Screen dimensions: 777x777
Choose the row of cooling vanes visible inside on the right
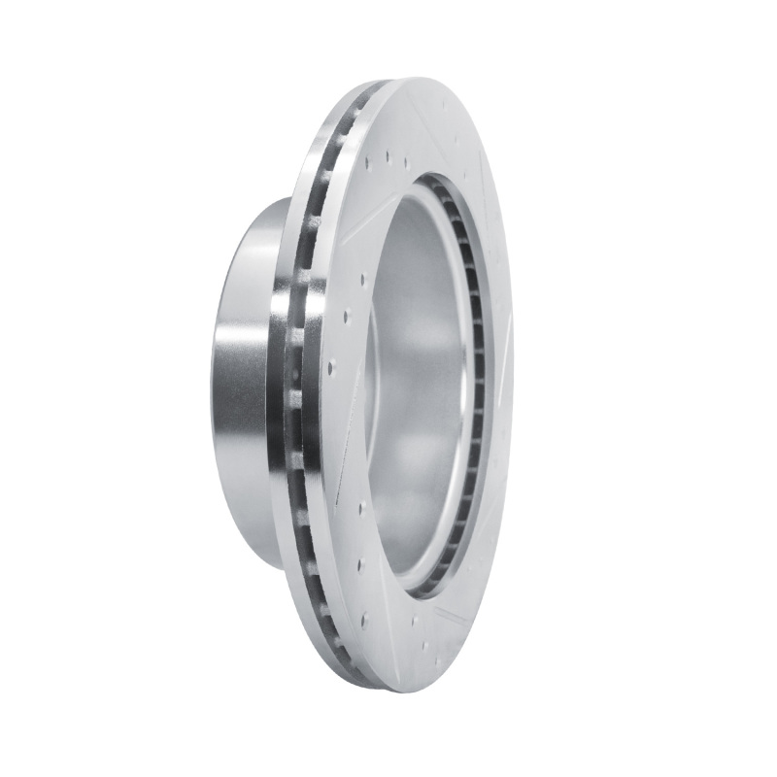click(x=475, y=388)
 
